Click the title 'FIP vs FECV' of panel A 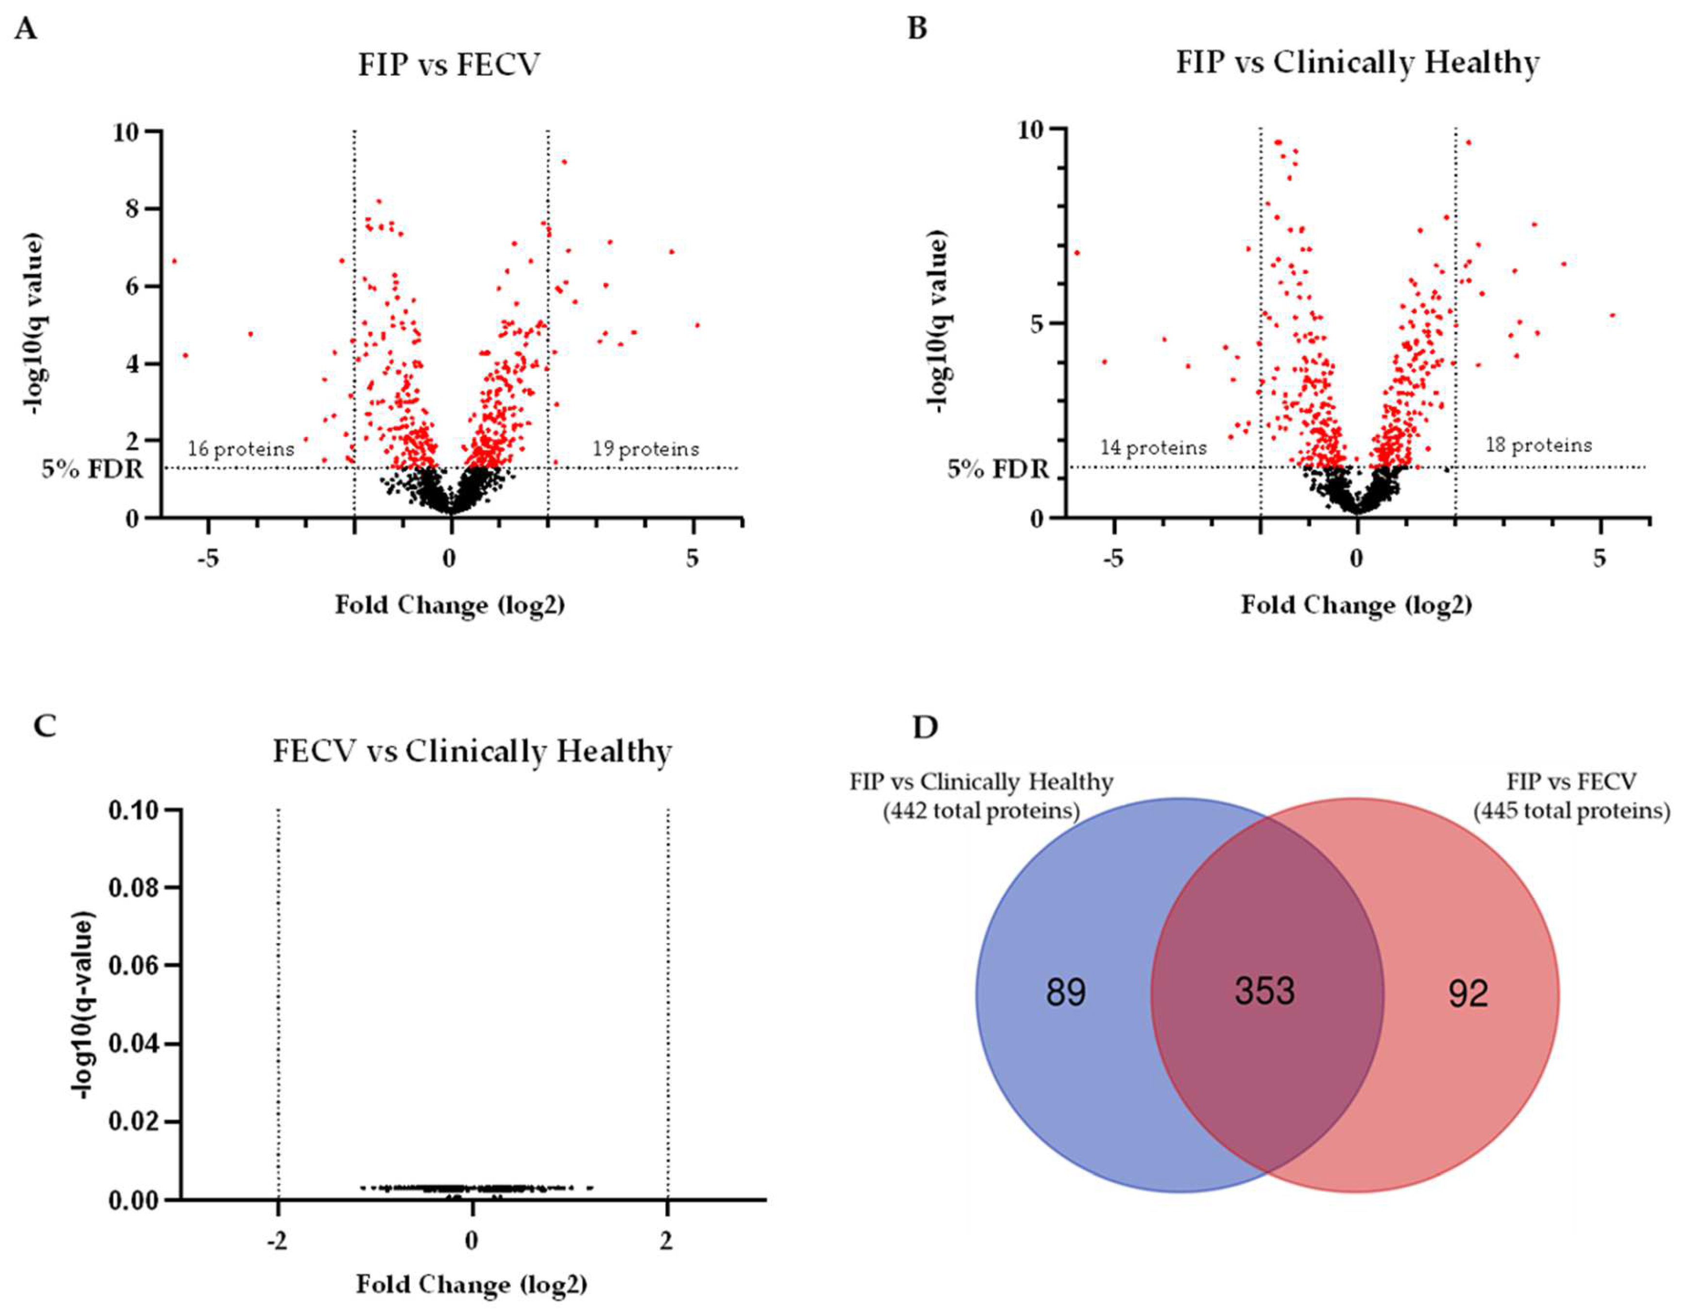point(449,65)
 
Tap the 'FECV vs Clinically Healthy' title point(472,751)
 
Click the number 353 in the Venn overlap point(1264,991)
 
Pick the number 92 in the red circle point(1467,995)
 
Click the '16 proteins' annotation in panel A point(241,449)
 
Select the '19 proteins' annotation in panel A point(646,449)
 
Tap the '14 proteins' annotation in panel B point(1153,447)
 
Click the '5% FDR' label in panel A point(93,468)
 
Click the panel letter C point(46,726)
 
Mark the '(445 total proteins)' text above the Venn point(1571,811)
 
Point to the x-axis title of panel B point(1356,606)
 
